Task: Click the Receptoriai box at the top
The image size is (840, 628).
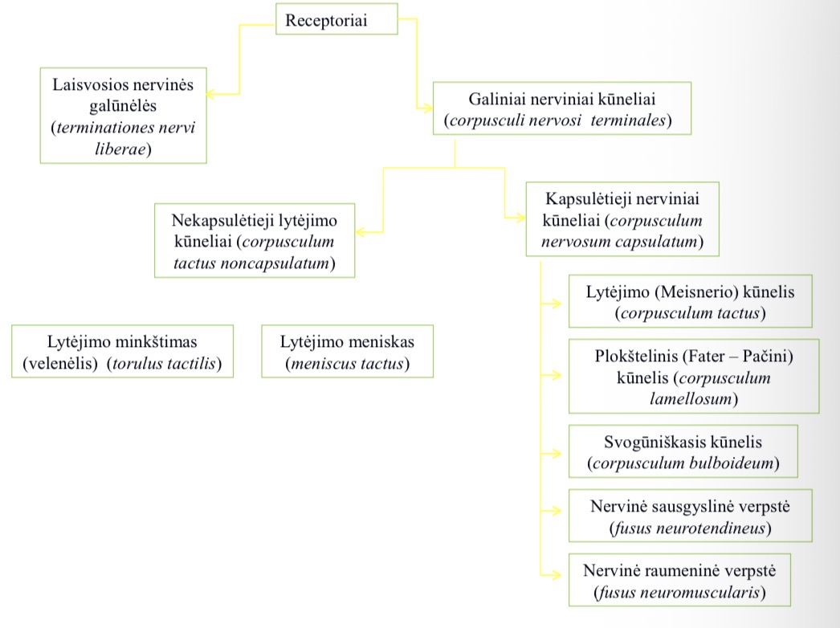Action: [x=336, y=19]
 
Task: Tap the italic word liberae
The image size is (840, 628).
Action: [x=120, y=149]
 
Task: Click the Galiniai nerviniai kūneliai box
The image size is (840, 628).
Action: [x=562, y=108]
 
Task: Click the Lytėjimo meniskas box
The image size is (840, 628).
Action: [x=347, y=352]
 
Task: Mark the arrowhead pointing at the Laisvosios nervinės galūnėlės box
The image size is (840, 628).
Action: [x=211, y=94]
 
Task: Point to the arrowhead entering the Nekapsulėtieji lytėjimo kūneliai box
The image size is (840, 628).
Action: [x=361, y=232]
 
